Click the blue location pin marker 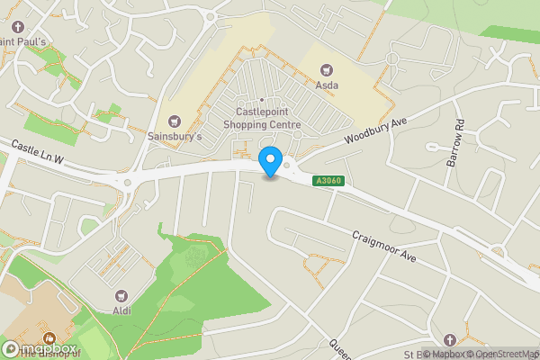point(269,160)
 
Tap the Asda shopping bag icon point(326,70)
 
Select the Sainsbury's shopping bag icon point(175,121)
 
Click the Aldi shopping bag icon point(121,295)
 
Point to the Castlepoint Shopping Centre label point(262,118)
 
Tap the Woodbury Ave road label point(376,132)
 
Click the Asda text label point(326,85)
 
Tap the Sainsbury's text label point(175,137)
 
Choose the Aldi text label point(121,310)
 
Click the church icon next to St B point(450,338)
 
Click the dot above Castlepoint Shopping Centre point(262,100)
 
